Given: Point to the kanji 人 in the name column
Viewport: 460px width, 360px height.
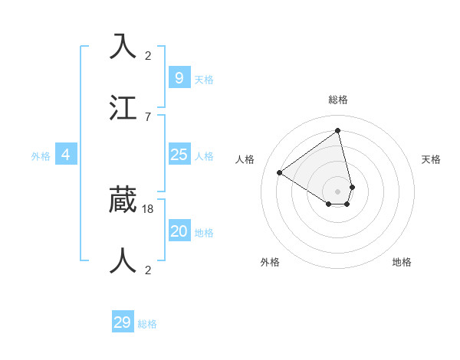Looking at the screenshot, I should click(123, 260).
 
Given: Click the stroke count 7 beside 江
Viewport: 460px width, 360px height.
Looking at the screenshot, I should click(148, 116).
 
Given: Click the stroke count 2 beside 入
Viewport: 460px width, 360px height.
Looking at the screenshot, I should click(148, 55).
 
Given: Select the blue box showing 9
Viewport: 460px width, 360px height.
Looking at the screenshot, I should click(179, 77).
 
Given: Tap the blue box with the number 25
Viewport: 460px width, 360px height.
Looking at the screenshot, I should click(179, 155).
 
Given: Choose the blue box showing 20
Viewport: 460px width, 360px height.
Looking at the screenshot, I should click(179, 231).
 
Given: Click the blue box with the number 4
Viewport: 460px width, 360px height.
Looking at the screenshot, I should click(66, 155).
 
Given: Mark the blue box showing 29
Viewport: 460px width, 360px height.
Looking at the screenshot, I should click(123, 322).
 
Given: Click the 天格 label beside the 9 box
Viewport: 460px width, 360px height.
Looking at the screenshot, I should click(204, 79).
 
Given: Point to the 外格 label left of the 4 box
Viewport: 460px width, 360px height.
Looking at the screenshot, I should click(41, 156).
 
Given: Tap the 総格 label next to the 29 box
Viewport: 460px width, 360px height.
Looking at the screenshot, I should click(148, 324).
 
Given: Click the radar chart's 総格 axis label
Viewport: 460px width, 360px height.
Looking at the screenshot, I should click(338, 100).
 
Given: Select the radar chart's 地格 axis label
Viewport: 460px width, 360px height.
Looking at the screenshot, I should click(402, 262).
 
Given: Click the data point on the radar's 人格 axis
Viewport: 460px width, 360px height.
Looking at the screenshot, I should click(280, 172).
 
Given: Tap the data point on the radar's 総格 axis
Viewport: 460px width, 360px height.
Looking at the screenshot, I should click(338, 131).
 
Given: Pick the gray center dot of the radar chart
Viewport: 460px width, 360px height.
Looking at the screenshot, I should click(338, 191).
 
